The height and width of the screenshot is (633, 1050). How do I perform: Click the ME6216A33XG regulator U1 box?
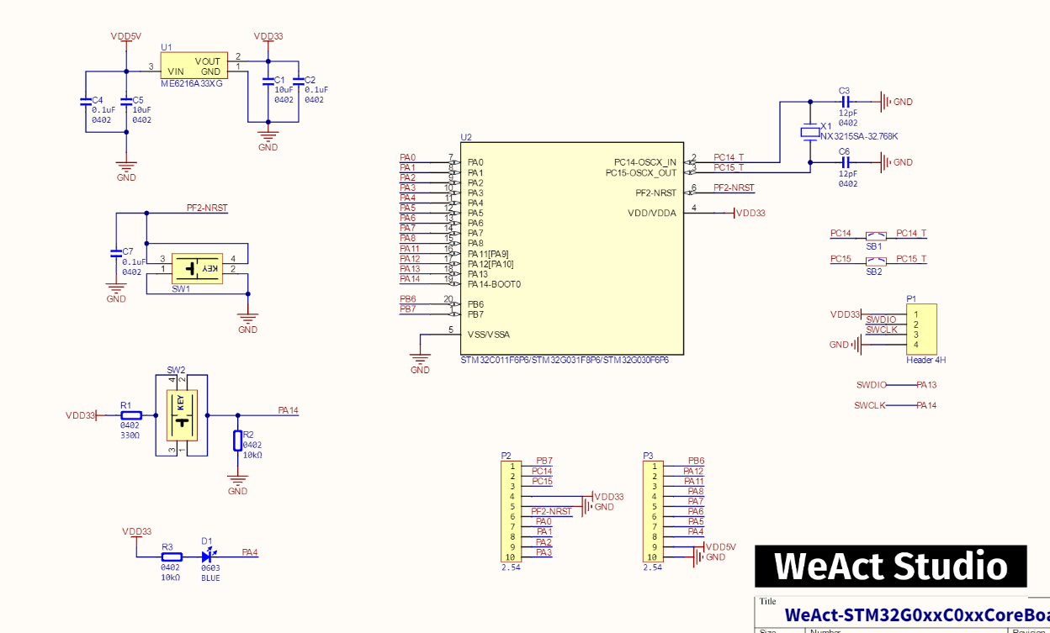pyautogui.click(x=194, y=66)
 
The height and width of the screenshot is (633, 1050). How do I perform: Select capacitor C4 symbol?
pyautogui.click(x=85, y=101)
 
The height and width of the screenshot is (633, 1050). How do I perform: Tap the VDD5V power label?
pyautogui.click(x=126, y=37)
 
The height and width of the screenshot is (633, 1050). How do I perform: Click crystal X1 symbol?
pyautogui.click(x=810, y=131)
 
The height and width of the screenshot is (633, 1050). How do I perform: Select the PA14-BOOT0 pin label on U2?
pyautogui.click(x=494, y=284)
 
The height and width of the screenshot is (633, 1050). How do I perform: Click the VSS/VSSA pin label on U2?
pyautogui.click(x=488, y=335)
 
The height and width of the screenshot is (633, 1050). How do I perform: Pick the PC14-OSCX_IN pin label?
pyautogui.click(x=644, y=162)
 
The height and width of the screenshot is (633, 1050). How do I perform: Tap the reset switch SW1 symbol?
pyautogui.click(x=195, y=268)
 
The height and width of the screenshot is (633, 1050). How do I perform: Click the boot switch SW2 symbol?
pyautogui.click(x=182, y=414)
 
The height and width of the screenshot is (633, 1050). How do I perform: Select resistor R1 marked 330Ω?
pyautogui.click(x=130, y=414)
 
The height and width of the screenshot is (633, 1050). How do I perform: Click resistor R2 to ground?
pyautogui.click(x=237, y=441)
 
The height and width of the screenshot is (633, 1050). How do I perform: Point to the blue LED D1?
pyautogui.click(x=208, y=557)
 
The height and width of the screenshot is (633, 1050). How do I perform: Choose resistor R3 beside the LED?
pyautogui.click(x=172, y=557)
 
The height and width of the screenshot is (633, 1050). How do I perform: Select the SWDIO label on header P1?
pyautogui.click(x=881, y=319)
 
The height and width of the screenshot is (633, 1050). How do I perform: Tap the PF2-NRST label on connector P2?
pyautogui.click(x=551, y=511)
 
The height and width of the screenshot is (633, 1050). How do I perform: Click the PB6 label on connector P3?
pyautogui.click(x=696, y=461)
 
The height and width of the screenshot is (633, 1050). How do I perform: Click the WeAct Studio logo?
pyautogui.click(x=890, y=566)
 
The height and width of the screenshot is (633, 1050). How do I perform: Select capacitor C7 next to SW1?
pyautogui.click(x=116, y=252)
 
